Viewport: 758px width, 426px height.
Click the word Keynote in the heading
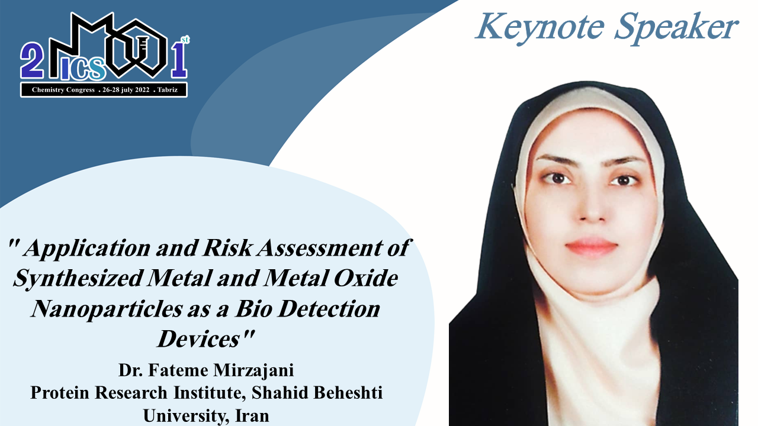(540, 27)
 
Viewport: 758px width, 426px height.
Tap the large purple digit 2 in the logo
(31, 60)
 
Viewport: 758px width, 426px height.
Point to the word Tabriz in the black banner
(168, 90)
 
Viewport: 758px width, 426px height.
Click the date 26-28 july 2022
(126, 90)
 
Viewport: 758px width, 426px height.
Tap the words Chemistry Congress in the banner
(63, 90)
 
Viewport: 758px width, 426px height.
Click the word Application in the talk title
(87, 249)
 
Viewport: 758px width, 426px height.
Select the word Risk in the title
(227, 248)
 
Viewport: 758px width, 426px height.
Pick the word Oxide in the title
(366, 278)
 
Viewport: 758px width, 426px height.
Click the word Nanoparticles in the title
(107, 309)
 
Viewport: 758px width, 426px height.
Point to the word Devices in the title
(198, 339)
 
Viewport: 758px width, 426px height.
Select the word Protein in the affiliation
(60, 393)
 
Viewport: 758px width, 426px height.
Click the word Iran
(252, 415)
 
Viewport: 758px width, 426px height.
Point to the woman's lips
(591, 246)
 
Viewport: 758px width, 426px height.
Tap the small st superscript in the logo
(185, 40)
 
